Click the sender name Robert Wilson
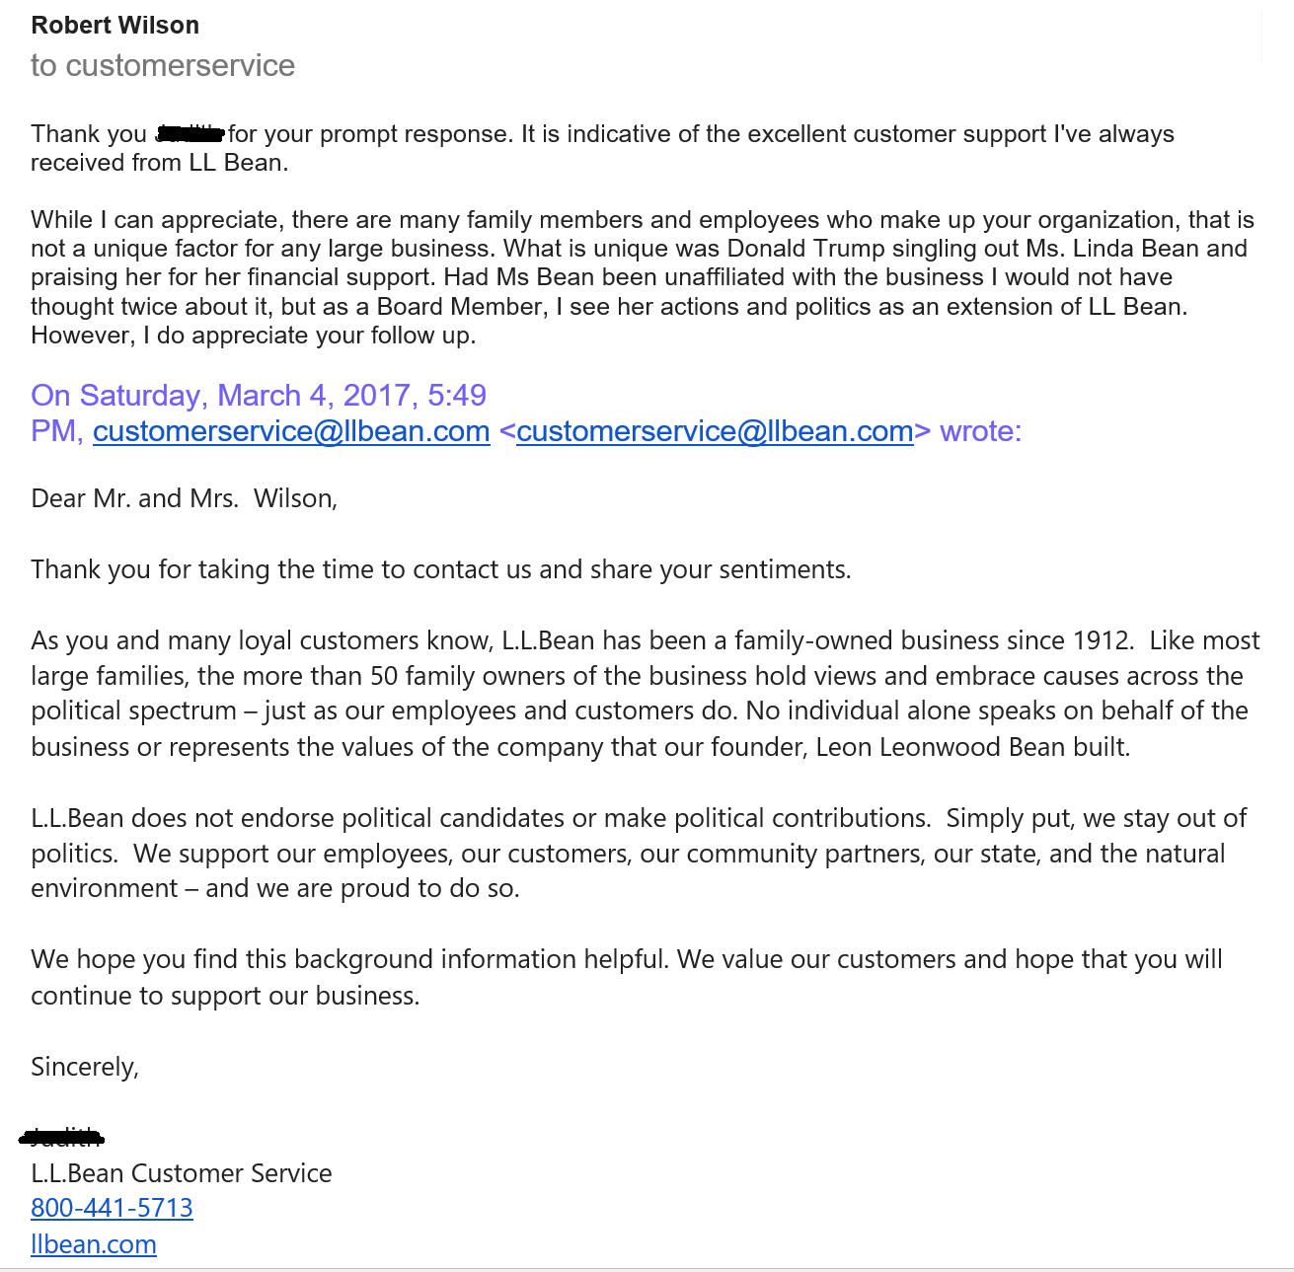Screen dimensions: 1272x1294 point(114,26)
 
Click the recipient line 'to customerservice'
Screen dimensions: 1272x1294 point(163,65)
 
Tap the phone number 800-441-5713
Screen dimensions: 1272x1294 point(112,1208)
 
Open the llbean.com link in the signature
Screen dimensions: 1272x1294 point(94,1244)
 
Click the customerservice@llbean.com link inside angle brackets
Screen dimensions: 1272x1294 point(715,431)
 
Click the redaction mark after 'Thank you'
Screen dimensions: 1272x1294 point(190,132)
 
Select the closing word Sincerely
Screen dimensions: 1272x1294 point(84,1067)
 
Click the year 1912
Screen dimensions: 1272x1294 point(1101,640)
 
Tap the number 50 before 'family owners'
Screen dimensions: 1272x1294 point(384,676)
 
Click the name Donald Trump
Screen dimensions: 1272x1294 point(805,249)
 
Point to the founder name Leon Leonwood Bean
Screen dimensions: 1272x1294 point(940,747)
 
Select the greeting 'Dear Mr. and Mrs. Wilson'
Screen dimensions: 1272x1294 point(184,498)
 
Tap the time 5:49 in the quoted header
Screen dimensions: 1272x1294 point(457,396)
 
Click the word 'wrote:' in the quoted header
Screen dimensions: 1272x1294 point(980,431)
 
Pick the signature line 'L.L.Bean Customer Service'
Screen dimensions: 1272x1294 point(182,1173)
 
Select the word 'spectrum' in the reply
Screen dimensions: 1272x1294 point(188,711)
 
